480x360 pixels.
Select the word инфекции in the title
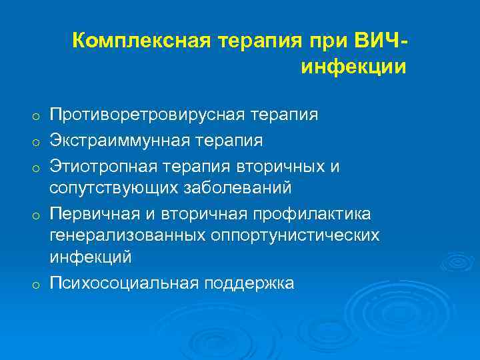click(x=353, y=67)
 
